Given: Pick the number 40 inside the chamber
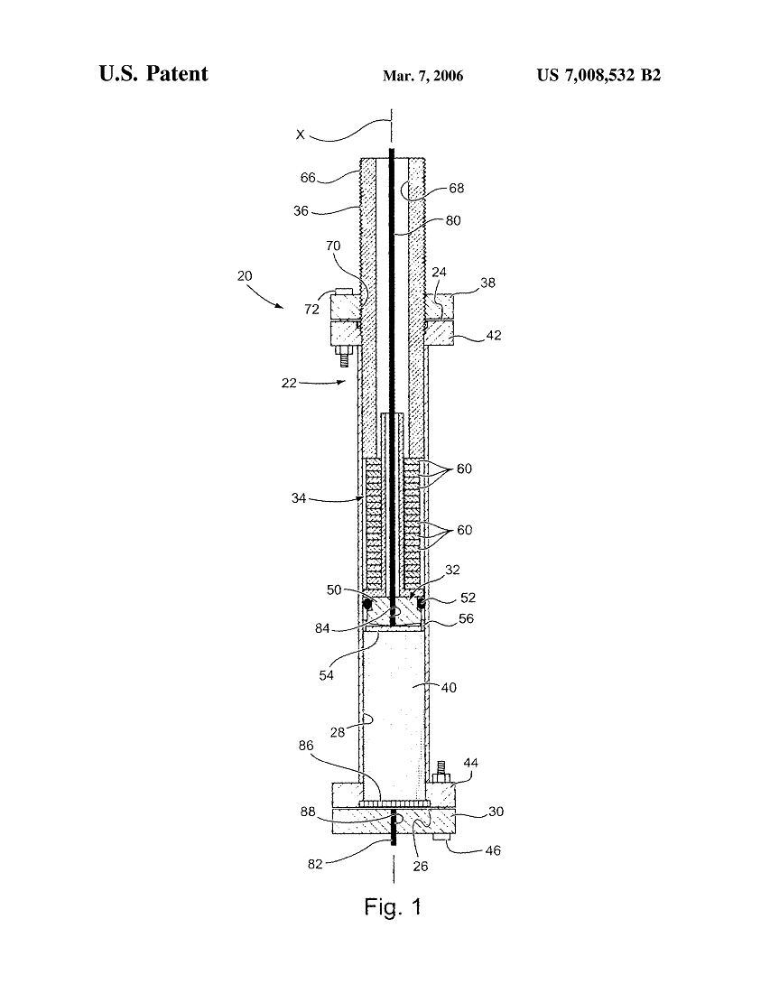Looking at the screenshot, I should (x=448, y=688).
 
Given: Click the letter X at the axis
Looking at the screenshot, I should (x=301, y=135).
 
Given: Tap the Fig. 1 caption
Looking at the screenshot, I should (x=393, y=906).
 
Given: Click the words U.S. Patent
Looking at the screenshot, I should (x=153, y=74).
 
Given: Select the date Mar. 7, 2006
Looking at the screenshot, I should (x=422, y=77).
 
